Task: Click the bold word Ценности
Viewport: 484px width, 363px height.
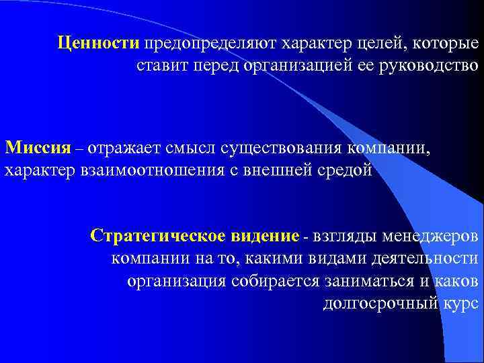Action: (98, 44)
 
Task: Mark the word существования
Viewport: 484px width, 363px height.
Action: (282, 147)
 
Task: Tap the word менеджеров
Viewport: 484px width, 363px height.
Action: (431, 237)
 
